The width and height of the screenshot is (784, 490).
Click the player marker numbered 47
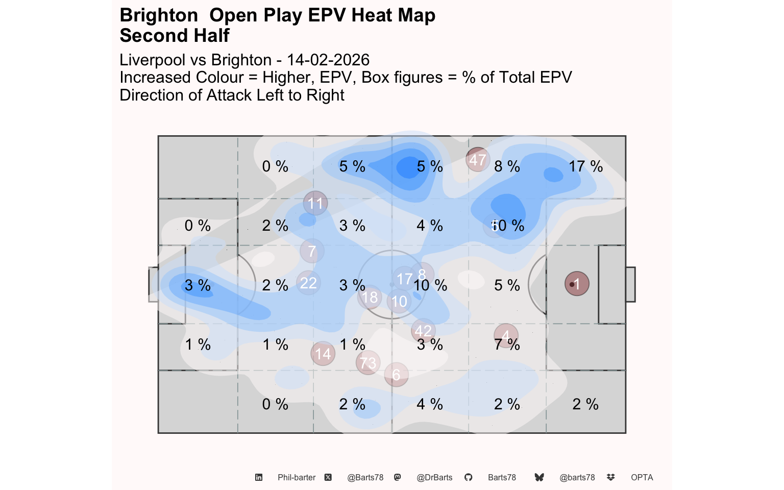(478, 160)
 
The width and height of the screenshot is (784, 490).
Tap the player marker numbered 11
(315, 203)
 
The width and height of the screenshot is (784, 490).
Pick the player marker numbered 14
(323, 354)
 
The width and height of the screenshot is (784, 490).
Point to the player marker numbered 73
(368, 362)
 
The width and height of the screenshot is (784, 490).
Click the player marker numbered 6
(396, 375)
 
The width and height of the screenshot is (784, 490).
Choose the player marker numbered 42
(423, 331)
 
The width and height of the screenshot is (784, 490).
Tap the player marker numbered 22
(308, 283)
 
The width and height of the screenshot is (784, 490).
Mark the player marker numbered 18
(370, 297)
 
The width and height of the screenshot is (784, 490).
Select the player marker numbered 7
(312, 251)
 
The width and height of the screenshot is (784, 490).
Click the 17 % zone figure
(585, 166)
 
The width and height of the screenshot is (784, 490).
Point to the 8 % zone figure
(507, 166)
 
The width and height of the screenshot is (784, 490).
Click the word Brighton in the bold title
(159, 15)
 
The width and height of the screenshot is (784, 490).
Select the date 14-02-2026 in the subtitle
(328, 60)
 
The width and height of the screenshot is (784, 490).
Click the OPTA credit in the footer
(642, 478)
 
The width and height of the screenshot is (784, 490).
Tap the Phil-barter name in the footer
(297, 478)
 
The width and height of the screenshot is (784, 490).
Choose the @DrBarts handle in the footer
(434, 478)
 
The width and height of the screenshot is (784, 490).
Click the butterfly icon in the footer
(539, 477)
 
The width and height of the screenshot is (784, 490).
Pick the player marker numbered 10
(399, 301)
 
